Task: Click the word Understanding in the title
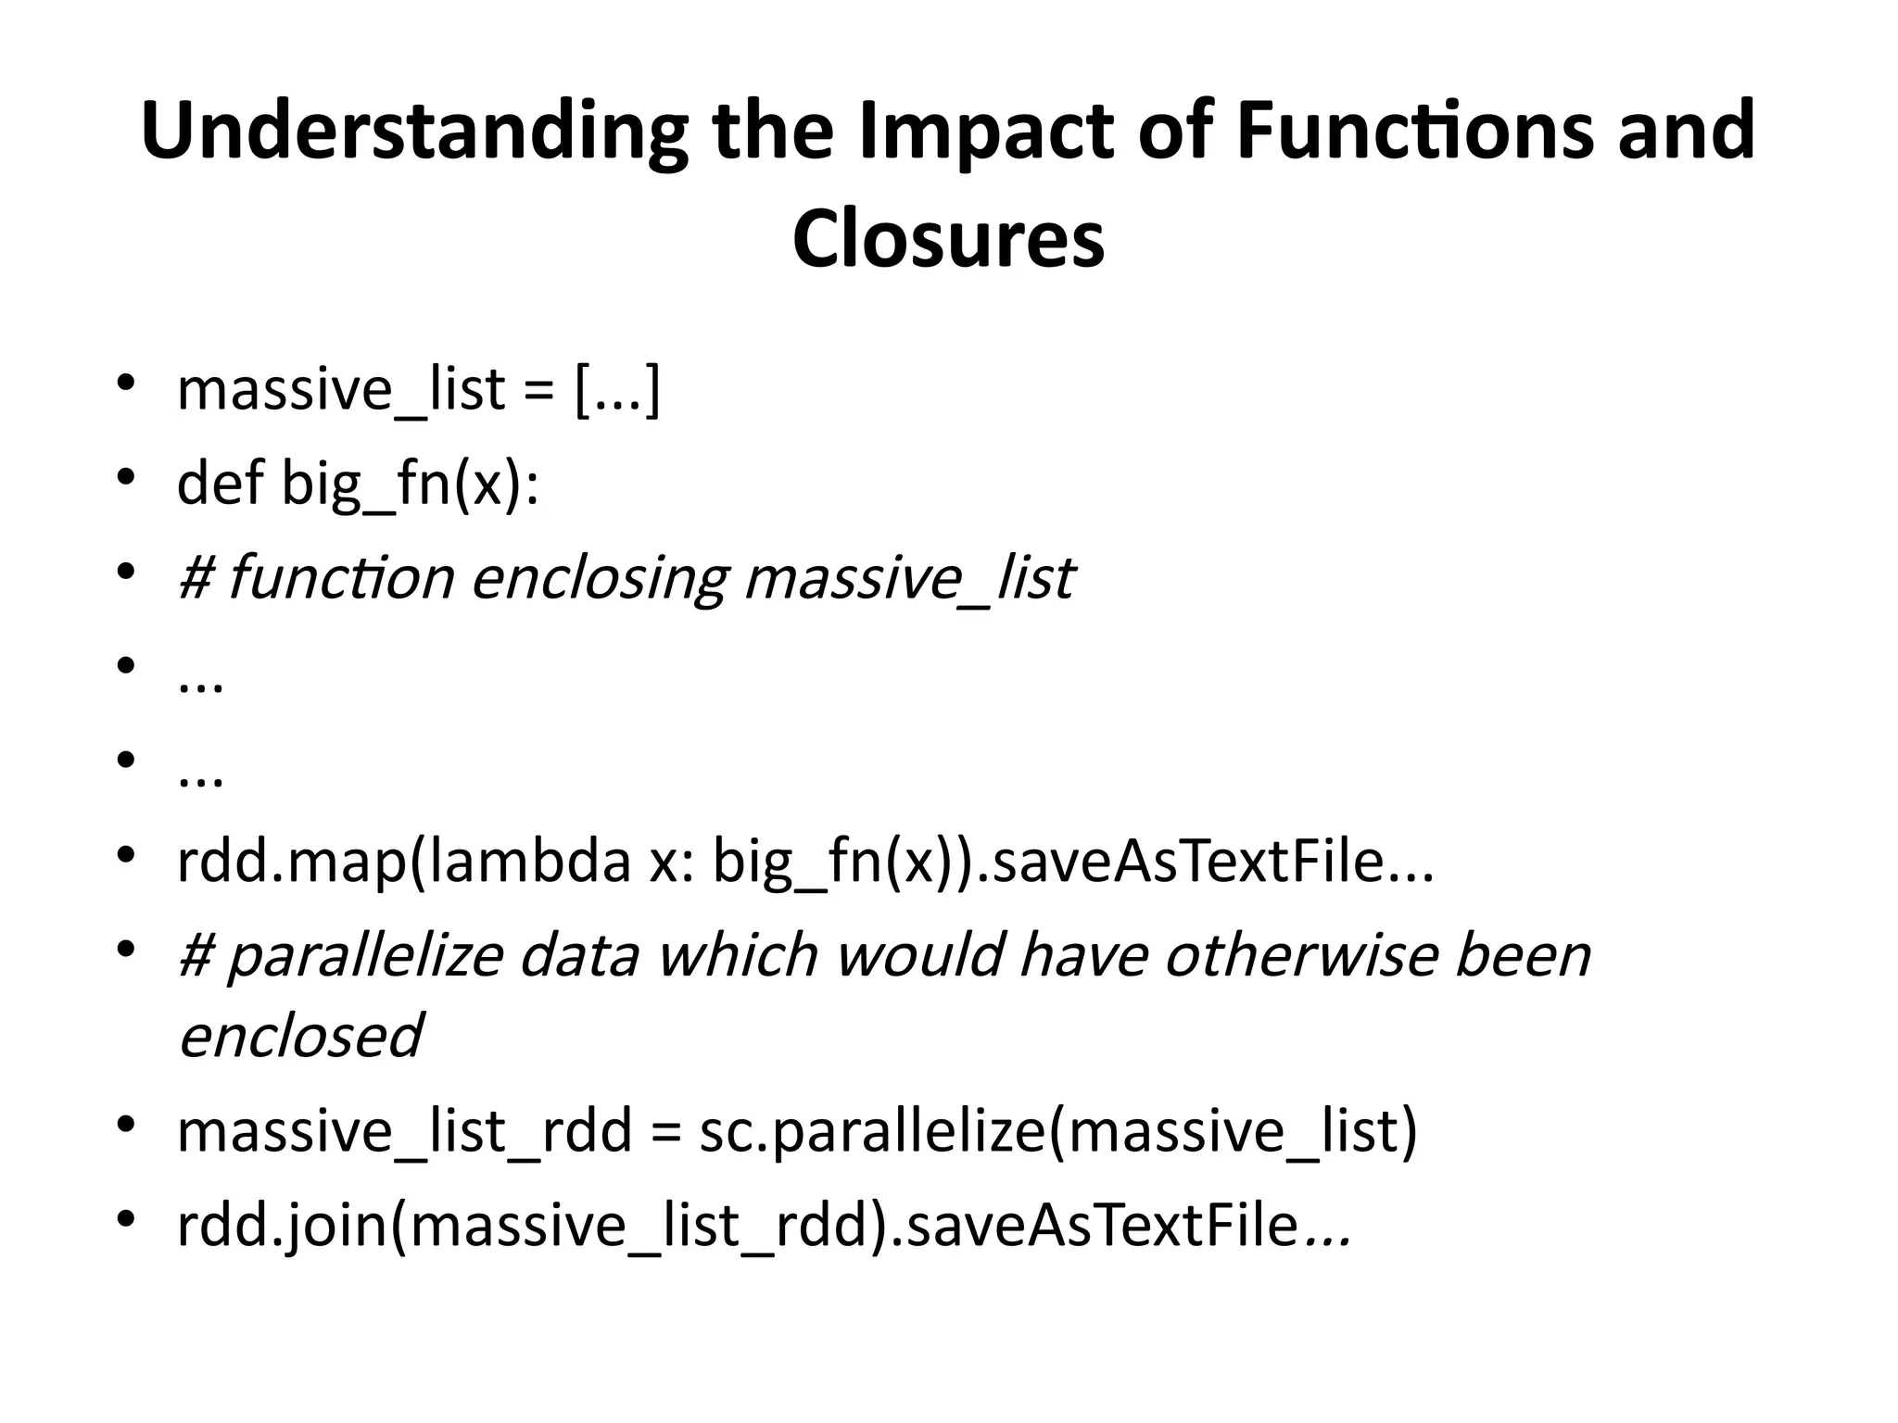(x=414, y=132)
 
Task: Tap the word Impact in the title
(x=986, y=132)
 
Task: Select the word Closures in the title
(x=948, y=239)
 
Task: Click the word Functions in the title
(x=1415, y=132)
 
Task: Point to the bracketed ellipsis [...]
(x=618, y=389)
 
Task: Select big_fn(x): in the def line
(x=410, y=485)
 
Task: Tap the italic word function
(x=341, y=577)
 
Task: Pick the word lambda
(x=525, y=861)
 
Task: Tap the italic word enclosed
(x=300, y=1035)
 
